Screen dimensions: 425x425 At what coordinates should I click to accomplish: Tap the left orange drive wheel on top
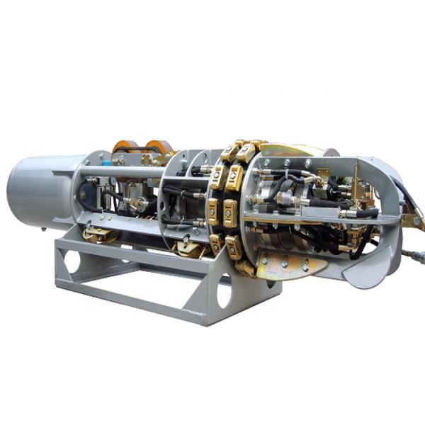coord(125,148)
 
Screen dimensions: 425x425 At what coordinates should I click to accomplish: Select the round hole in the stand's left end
coord(72,261)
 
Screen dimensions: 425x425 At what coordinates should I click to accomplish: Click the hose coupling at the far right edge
coord(414,255)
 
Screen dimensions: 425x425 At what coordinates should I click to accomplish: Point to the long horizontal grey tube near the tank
coord(120,172)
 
